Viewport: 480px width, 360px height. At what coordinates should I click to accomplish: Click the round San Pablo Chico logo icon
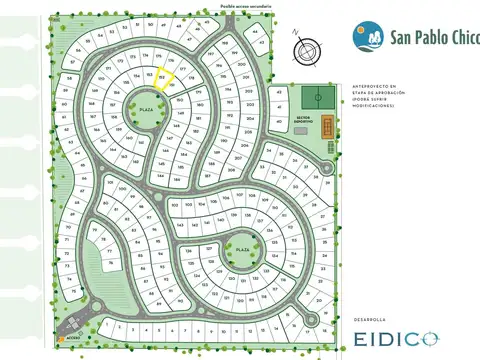coord(367,36)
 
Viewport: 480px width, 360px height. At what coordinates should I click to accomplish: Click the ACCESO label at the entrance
coord(71,338)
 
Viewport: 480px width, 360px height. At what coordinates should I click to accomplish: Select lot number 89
coord(159,302)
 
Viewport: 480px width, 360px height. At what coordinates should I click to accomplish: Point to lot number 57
coord(71,63)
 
